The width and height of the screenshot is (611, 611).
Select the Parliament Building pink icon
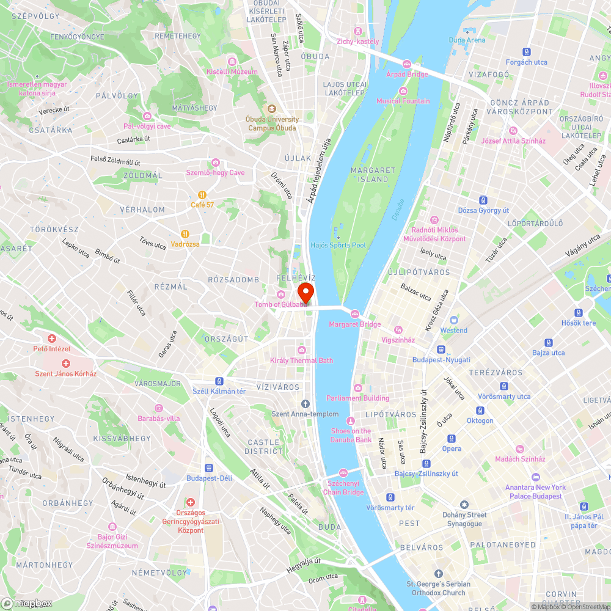point(357,387)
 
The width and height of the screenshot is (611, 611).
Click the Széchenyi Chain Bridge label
point(343,488)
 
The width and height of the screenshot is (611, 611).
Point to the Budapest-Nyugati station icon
point(441,349)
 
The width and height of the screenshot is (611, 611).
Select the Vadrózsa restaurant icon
point(185,233)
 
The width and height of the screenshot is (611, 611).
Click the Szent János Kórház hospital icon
point(65,363)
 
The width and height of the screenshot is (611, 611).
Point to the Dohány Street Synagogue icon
point(464,505)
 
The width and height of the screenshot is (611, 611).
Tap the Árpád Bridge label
point(407,74)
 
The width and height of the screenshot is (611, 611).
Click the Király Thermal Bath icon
point(301,349)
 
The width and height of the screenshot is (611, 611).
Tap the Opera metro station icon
point(452,439)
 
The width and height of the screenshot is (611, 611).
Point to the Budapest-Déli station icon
point(209,467)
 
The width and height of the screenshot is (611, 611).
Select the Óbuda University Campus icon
point(265,109)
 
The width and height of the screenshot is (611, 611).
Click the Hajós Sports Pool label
point(338,245)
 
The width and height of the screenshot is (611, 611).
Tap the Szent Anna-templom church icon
point(305,403)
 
